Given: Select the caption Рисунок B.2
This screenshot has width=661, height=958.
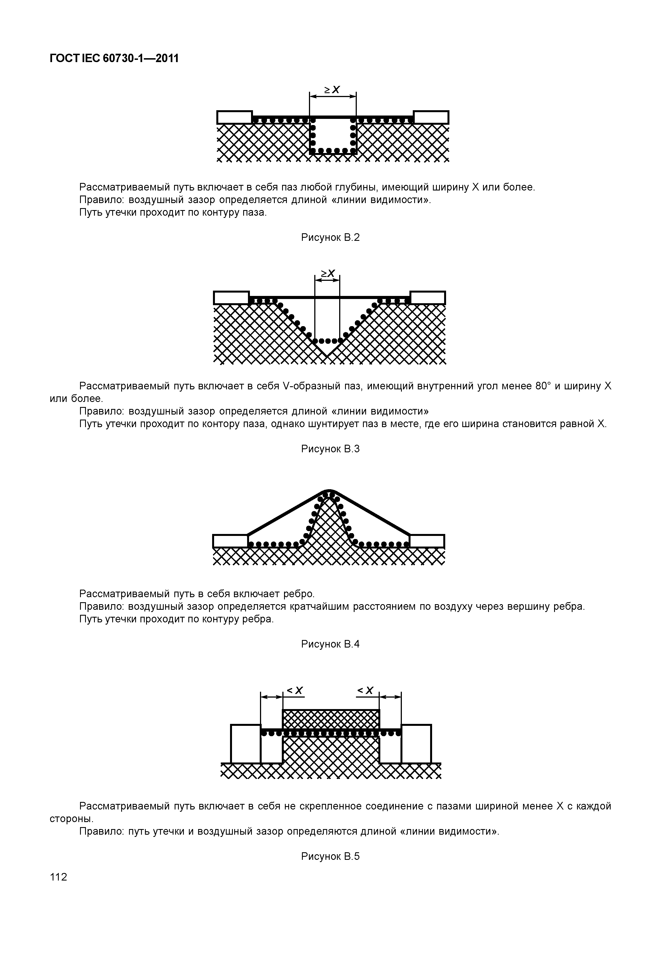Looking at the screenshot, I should coord(330,238).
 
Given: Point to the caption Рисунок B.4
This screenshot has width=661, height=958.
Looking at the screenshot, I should coord(330,644).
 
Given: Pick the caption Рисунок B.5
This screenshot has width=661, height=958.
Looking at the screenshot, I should coord(330,856).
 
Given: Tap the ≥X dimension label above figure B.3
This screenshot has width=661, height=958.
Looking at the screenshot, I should coord(328,274).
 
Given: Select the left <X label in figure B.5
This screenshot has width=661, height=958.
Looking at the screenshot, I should coord(295,691).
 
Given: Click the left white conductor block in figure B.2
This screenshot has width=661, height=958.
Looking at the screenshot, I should coord(235,117).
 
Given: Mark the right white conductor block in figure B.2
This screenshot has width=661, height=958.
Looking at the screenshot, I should coord(431,117).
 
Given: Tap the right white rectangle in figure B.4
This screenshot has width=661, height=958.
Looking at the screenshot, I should coord(427,541).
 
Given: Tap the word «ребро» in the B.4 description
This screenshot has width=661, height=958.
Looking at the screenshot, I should coord(299,594).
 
